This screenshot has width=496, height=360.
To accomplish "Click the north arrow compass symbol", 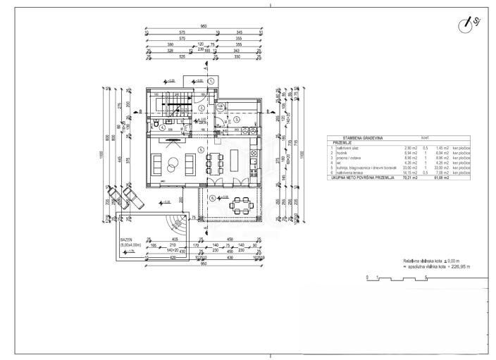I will [x=466, y=25].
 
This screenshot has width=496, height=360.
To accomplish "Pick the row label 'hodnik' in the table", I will [x=343, y=153].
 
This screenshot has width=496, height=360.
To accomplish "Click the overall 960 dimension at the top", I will [x=204, y=26].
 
